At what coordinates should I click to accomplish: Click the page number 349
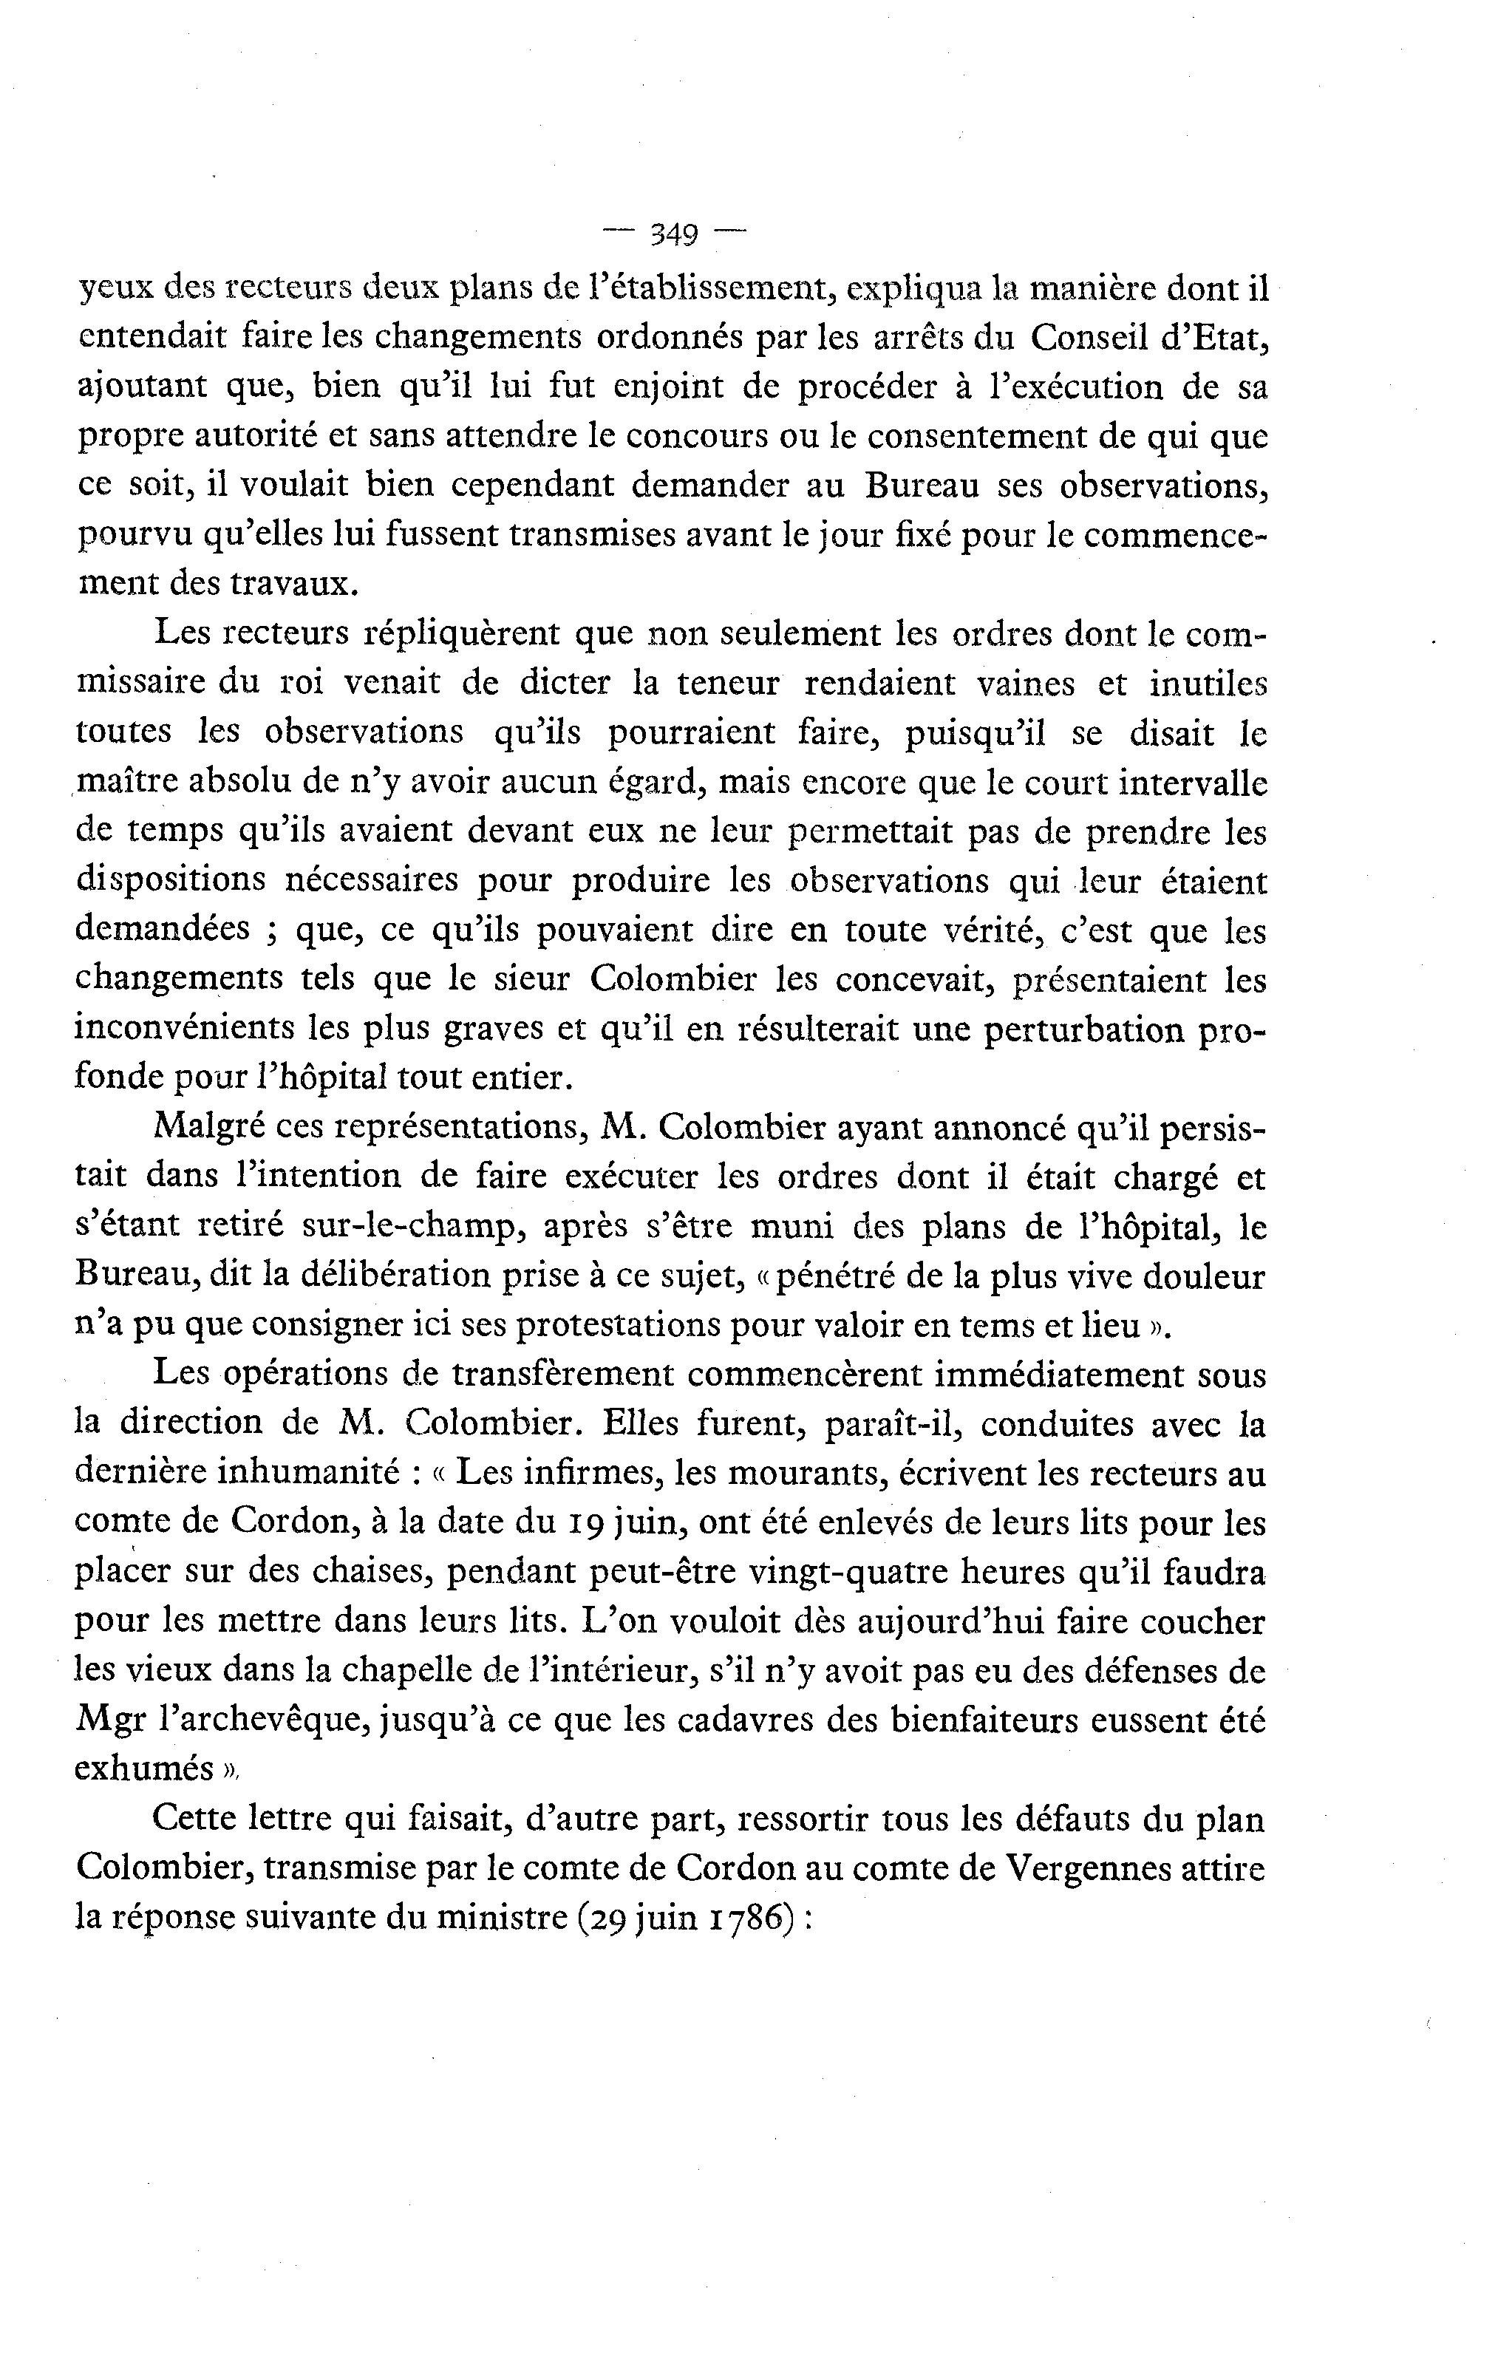673,235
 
